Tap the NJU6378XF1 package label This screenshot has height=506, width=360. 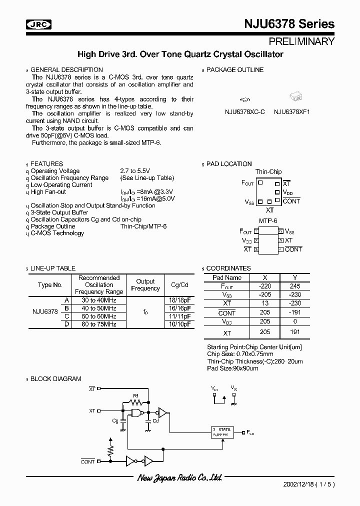292,112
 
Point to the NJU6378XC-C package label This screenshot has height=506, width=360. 245,112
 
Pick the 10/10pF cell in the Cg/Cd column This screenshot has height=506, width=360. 180,324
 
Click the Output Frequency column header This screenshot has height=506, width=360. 145,285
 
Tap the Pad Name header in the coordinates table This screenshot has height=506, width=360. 227,277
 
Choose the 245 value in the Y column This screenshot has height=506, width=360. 294,286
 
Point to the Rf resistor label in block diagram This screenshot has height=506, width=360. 135,395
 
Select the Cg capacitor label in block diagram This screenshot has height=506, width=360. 115,421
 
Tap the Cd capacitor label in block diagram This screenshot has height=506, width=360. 155,421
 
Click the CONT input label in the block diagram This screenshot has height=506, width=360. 87,461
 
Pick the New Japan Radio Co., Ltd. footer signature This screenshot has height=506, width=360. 179,478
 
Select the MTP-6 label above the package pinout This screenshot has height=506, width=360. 268,220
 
